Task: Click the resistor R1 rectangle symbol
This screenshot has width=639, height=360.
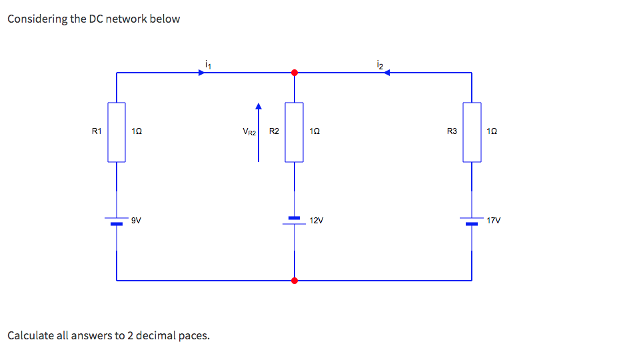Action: pyautogui.click(x=117, y=132)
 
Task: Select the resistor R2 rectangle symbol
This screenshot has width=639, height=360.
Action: pyautogui.click(x=295, y=132)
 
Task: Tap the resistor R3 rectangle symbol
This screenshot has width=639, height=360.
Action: pyautogui.click(x=472, y=132)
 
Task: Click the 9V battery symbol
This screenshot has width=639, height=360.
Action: pyautogui.click(x=117, y=221)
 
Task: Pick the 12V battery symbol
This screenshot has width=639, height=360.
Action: pyautogui.click(x=295, y=221)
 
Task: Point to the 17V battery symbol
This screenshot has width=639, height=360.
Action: pyautogui.click(x=472, y=221)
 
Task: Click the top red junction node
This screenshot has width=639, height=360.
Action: pyautogui.click(x=295, y=72)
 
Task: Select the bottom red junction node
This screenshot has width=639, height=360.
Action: pyautogui.click(x=295, y=281)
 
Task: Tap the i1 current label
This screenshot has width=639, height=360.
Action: pyautogui.click(x=209, y=64)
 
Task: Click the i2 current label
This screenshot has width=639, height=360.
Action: pyautogui.click(x=379, y=64)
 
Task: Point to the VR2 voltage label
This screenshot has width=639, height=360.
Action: pyautogui.click(x=249, y=132)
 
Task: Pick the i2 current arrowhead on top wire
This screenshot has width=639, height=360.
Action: pyautogui.click(x=386, y=73)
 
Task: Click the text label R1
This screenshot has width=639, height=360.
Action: pyautogui.click(x=97, y=131)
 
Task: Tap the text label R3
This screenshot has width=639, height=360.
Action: pyautogui.click(x=452, y=131)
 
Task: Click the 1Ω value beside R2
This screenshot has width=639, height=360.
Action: pyautogui.click(x=316, y=132)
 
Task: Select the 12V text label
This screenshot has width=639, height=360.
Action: pyautogui.click(x=316, y=220)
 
